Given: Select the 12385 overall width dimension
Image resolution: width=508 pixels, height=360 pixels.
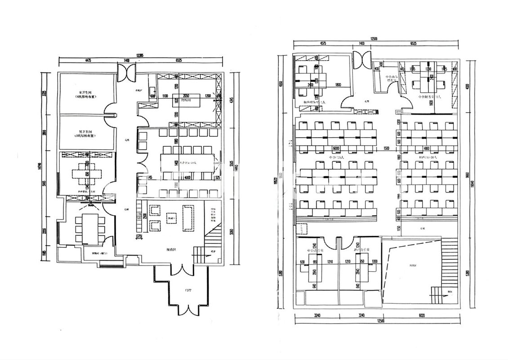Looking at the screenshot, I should [x=141, y=56].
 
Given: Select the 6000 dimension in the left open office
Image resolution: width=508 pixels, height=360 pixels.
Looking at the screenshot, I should [x=335, y=148].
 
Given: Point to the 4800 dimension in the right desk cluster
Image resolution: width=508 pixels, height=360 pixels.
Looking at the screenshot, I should [x=426, y=148].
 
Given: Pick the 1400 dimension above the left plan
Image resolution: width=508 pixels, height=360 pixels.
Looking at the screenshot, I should [x=126, y=60].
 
